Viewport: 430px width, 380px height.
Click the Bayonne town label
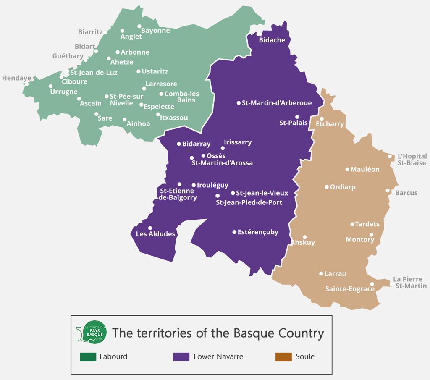155,31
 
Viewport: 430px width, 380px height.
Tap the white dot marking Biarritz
105,32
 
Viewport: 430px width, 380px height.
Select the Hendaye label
16,78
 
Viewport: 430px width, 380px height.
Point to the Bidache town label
272,40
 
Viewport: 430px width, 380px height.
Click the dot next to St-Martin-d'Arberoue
239,103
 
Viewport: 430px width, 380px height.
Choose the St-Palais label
294,123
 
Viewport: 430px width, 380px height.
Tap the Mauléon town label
365,170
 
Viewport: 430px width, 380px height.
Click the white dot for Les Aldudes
150,228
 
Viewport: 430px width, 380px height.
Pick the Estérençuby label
258,232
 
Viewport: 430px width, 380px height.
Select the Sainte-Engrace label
350,289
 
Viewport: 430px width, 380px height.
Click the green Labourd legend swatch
88,357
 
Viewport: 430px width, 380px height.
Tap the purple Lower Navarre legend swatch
181,357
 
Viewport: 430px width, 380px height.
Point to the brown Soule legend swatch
283,357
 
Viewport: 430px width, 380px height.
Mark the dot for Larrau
321,273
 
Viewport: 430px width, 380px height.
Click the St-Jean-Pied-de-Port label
249,203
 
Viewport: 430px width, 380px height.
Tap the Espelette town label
159,107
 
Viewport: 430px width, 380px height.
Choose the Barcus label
406,193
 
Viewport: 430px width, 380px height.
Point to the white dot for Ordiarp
327,187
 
